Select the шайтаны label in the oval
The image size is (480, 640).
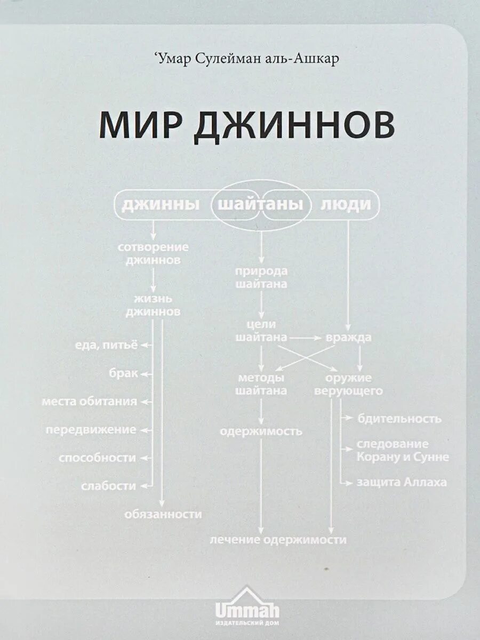point(261,205)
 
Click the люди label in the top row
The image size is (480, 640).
point(346,205)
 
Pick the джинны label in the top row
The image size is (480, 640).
point(161,205)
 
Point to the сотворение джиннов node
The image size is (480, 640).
point(153,254)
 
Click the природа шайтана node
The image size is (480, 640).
point(261,277)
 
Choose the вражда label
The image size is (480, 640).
point(349,338)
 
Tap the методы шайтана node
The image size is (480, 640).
point(261,384)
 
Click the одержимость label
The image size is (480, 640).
point(261,431)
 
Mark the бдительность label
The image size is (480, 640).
point(399,419)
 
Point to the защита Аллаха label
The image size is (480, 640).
point(402,483)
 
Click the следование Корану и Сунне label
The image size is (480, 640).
point(403,451)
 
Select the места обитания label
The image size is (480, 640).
point(90,401)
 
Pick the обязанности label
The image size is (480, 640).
point(163,514)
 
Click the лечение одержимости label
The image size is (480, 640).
point(278,540)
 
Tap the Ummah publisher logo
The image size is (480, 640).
point(246,607)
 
